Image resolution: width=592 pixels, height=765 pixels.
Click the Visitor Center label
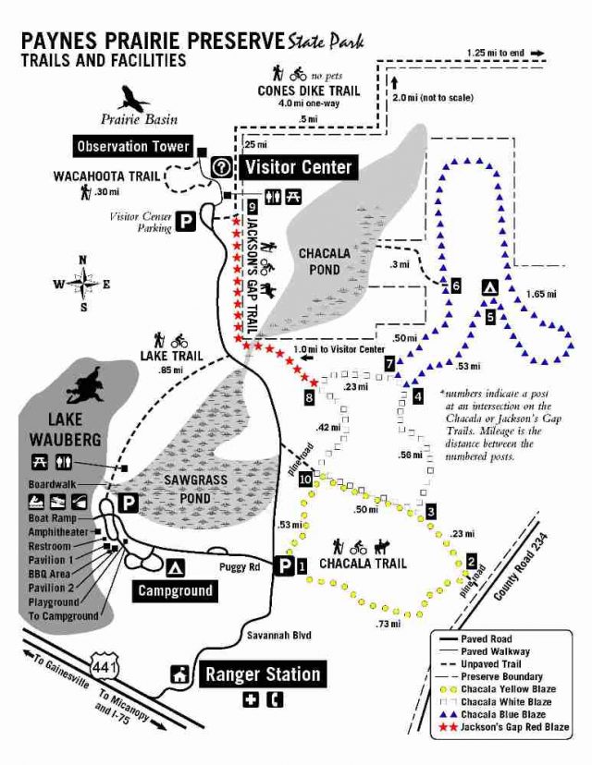tap(298, 167)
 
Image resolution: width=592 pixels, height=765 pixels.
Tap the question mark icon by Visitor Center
tap(222, 167)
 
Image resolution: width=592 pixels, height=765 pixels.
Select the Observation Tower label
tap(133, 147)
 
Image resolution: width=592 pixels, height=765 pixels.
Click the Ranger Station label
tap(263, 674)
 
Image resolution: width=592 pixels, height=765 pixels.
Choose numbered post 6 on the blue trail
tap(455, 285)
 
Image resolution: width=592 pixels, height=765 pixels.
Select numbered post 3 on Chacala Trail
tap(431, 511)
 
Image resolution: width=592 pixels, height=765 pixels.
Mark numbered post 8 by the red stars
tap(310, 397)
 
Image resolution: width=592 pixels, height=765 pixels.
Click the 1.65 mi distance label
tap(540, 295)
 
